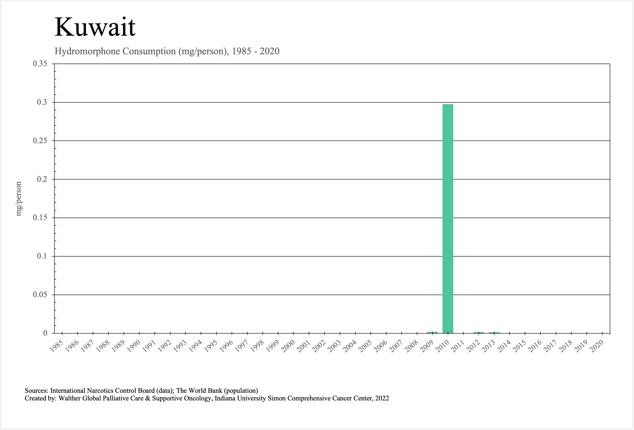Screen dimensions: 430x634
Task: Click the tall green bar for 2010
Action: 448,218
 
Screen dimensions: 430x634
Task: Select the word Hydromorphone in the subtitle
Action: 87,51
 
